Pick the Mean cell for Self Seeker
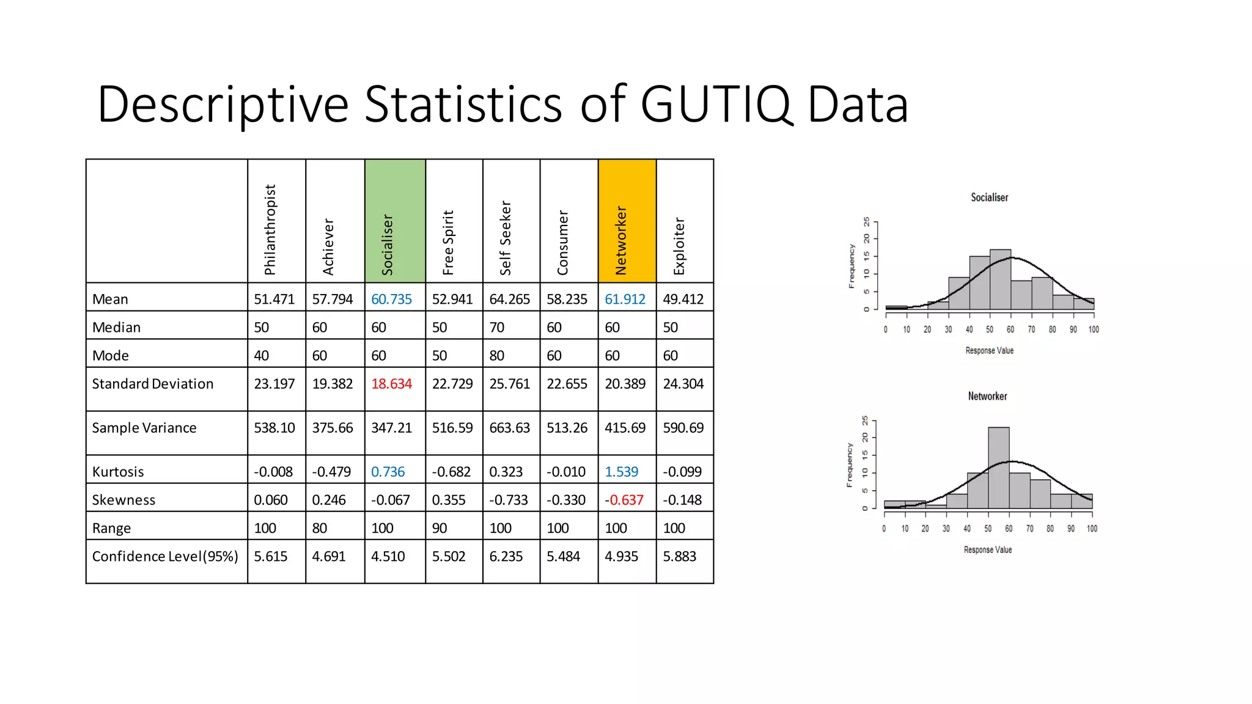click(510, 299)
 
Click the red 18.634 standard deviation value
click(391, 384)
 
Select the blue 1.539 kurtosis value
click(621, 472)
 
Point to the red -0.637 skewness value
click(624, 500)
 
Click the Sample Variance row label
click(144, 428)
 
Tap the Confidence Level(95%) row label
click(165, 556)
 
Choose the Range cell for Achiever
click(320, 528)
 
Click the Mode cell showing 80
click(497, 356)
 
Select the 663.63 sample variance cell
click(509, 428)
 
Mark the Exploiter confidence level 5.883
click(679, 556)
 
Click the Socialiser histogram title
click(989, 197)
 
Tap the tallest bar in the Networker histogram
click(998, 468)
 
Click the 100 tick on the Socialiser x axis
click(1094, 329)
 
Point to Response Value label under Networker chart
click(987, 550)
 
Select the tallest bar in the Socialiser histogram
click(1000, 280)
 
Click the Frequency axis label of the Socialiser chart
click(852, 266)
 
